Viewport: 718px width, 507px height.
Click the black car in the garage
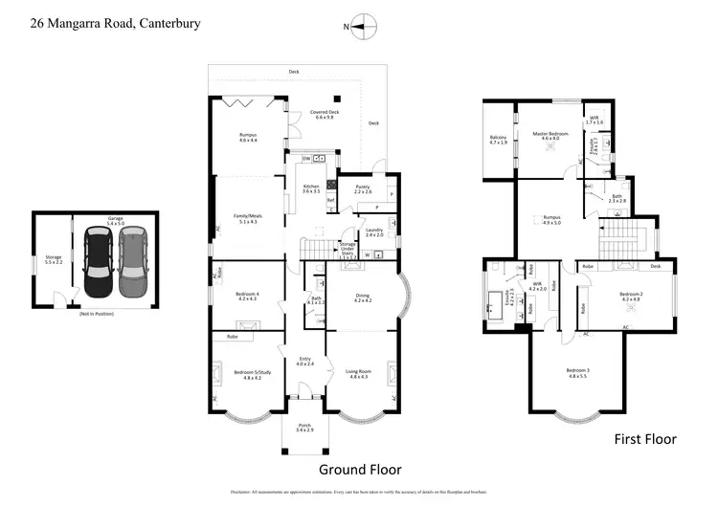(99, 261)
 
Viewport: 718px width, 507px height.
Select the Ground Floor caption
(360, 469)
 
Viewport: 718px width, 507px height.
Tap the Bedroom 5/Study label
(245, 376)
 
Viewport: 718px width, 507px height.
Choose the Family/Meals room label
(248, 217)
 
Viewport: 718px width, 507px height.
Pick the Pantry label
(363, 189)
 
